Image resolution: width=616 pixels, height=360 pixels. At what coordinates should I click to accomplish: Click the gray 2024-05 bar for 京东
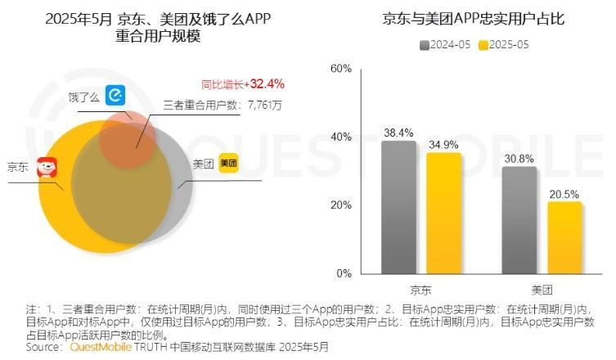click(x=398, y=207)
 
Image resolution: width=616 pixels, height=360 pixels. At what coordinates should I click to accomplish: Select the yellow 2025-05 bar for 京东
click(x=443, y=213)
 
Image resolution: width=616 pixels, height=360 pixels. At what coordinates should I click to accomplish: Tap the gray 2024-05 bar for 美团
click(x=519, y=219)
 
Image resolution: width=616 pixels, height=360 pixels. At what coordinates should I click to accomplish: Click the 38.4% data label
click(x=398, y=132)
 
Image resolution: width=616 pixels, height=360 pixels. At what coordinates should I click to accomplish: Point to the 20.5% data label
click(x=564, y=194)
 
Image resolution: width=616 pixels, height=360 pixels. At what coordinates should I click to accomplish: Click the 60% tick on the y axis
click(x=340, y=68)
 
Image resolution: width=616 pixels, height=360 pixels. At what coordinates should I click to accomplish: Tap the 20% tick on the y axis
click(x=340, y=205)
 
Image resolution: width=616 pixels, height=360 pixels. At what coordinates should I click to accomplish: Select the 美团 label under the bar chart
click(x=542, y=290)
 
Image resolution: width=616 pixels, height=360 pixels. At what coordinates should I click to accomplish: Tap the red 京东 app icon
click(x=47, y=169)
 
